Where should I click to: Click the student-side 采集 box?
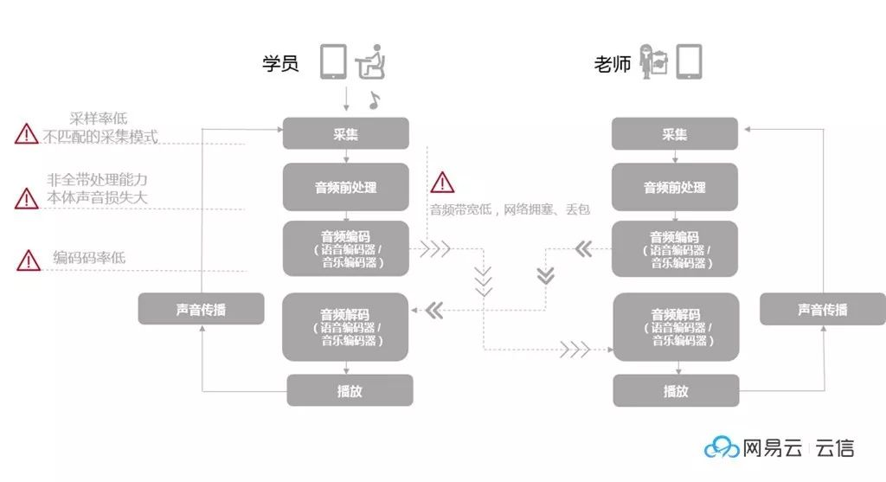[x=346, y=134]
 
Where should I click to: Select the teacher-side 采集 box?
[x=675, y=134]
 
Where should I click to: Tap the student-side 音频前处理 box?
[x=346, y=187]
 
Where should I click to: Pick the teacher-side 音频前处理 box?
[x=675, y=187]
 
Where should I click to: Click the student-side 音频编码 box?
[x=346, y=248]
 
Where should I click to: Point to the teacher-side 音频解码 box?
[x=675, y=327]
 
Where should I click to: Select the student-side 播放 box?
[x=350, y=390]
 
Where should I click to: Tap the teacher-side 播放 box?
[x=676, y=390]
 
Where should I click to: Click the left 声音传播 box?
[x=201, y=309]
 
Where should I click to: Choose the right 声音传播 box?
[x=823, y=309]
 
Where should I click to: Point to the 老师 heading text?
[x=612, y=64]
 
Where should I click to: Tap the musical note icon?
[x=374, y=100]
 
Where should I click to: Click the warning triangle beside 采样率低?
[x=26, y=134]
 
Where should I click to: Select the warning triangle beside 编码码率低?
[x=29, y=260]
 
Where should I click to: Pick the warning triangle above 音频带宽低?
[x=442, y=182]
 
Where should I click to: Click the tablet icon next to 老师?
[x=689, y=62]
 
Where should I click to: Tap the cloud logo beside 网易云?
[x=722, y=447]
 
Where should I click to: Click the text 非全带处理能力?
[x=98, y=180]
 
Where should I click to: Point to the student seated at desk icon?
[x=371, y=61]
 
